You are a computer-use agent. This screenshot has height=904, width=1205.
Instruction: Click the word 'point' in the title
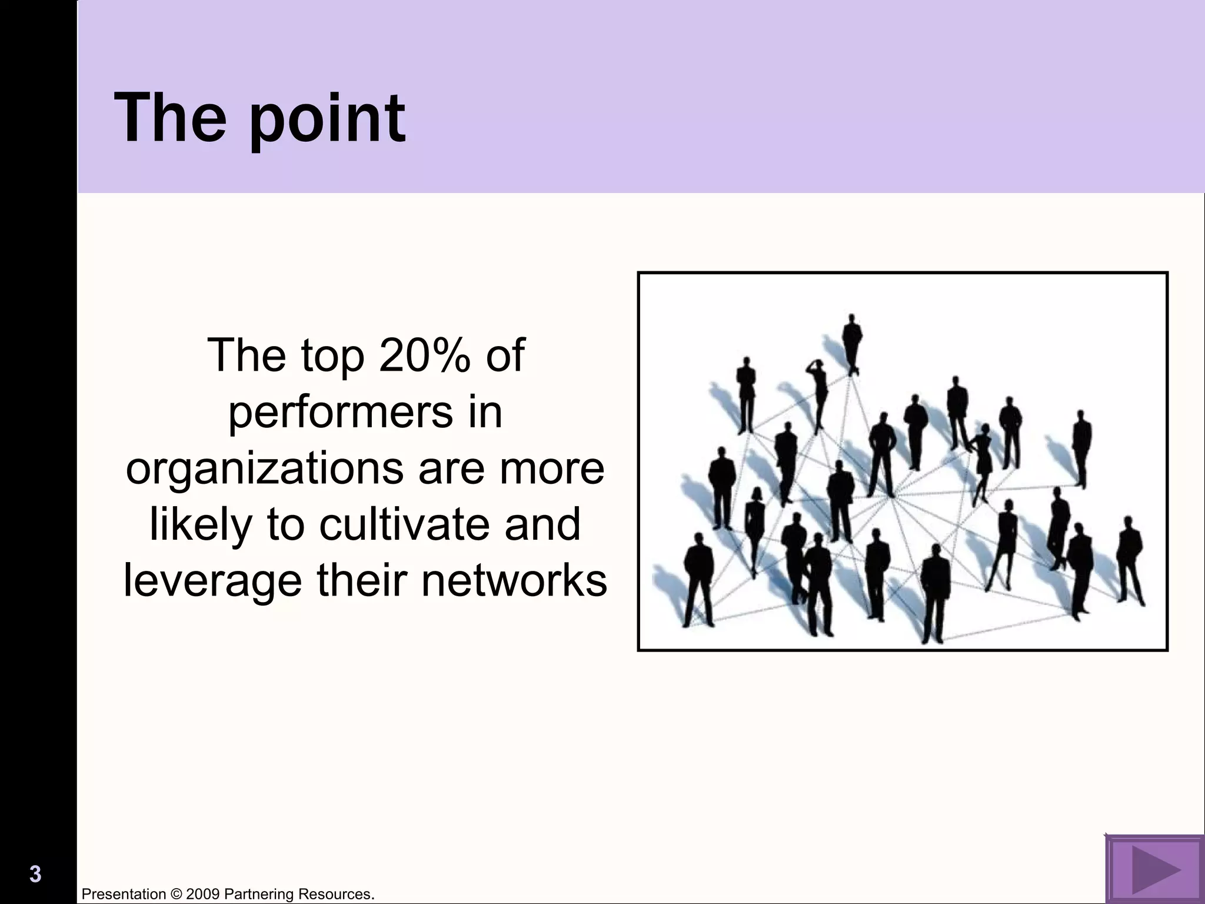coord(327,119)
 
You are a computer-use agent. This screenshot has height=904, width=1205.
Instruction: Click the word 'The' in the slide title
coord(171,118)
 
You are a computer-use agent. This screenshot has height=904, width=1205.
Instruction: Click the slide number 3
coord(35,875)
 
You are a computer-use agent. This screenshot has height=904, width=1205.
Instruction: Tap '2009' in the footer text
coord(203,895)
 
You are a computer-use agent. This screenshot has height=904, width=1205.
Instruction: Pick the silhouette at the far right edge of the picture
coord(1129,559)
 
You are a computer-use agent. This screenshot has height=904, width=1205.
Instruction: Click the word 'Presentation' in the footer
coord(124,895)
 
